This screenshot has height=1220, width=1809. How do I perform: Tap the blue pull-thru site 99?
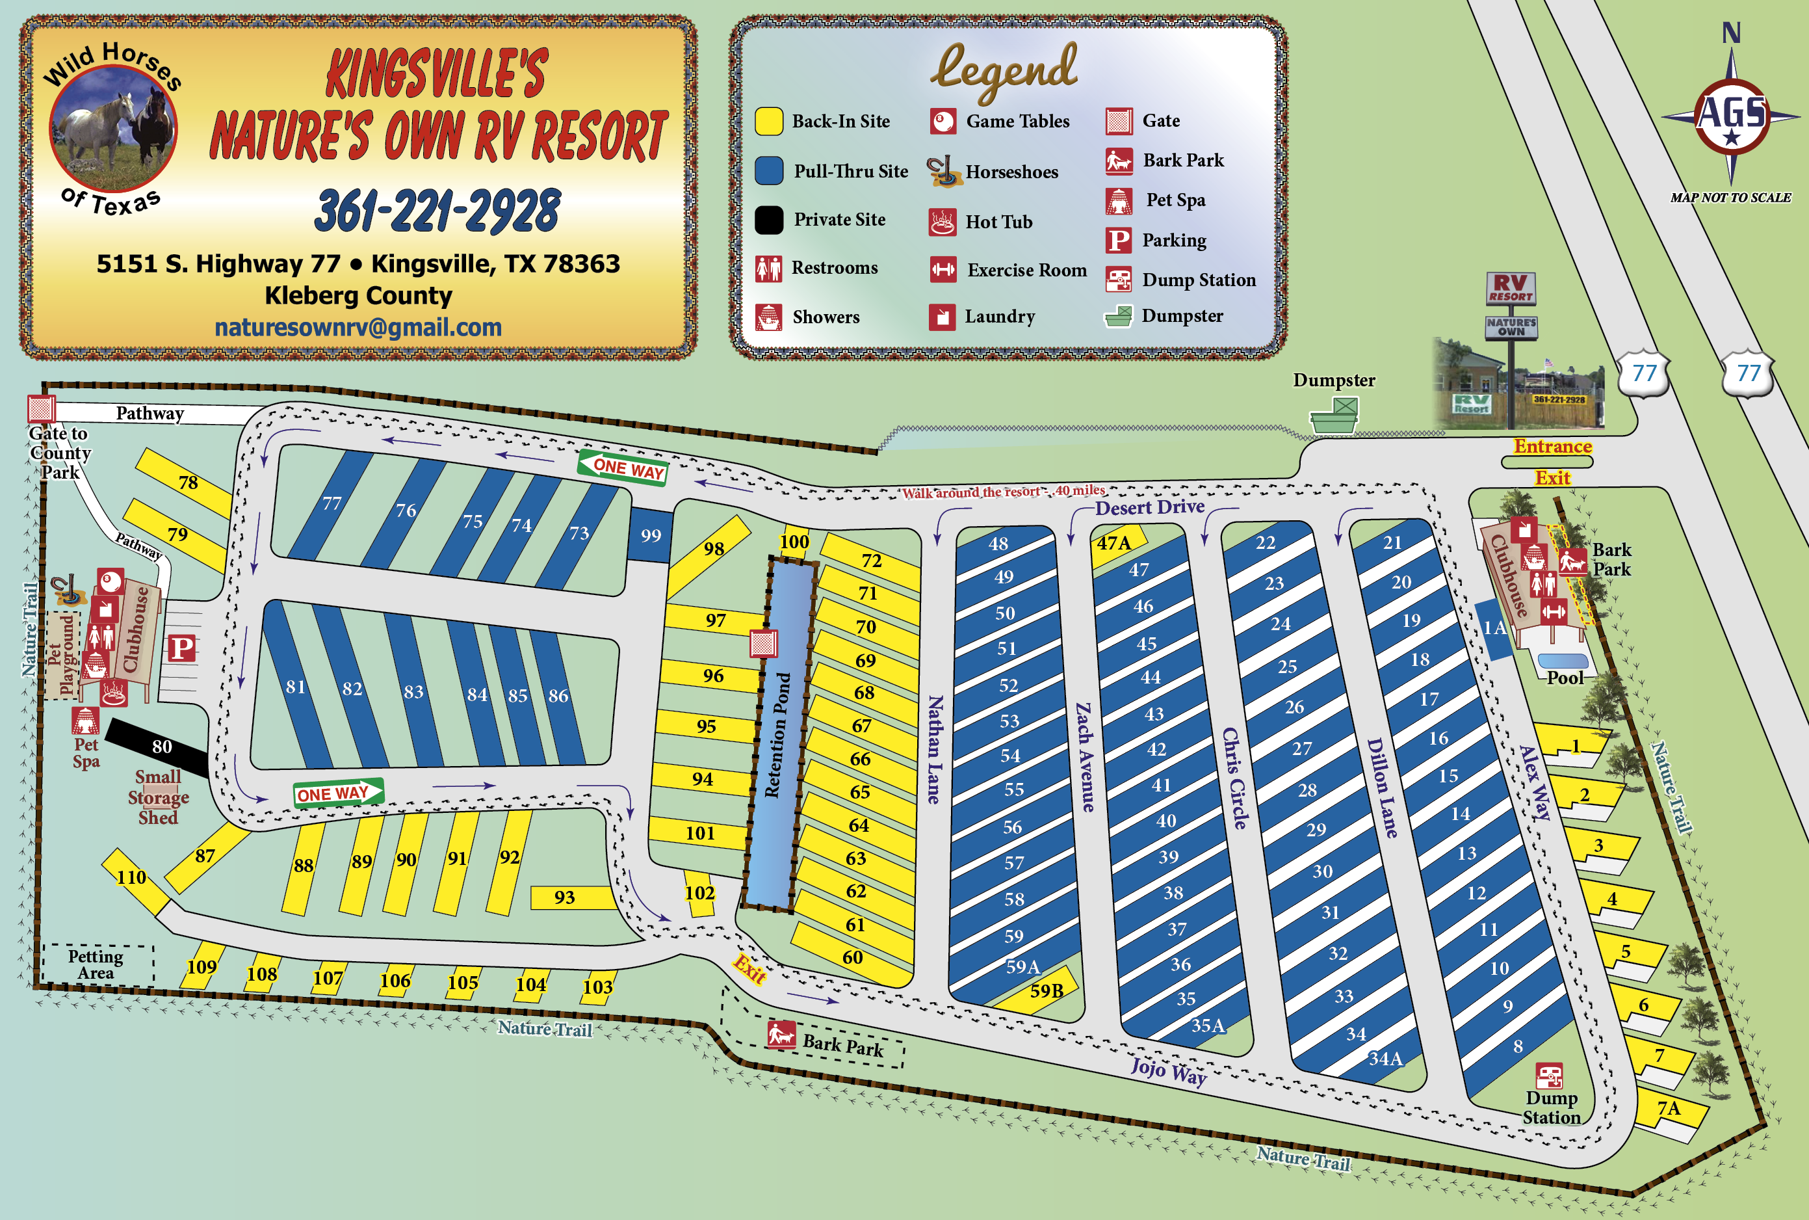pyautogui.click(x=650, y=535)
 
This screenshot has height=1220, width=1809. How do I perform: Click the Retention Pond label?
pyautogui.click(x=777, y=736)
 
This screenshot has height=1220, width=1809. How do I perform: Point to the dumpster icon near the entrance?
pyautogui.click(x=1334, y=416)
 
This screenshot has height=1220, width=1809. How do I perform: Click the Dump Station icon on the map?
pyautogui.click(x=1549, y=1077)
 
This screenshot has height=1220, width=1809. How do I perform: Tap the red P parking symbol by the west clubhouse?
pyautogui.click(x=181, y=647)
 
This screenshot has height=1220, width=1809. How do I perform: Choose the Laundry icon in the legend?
pyautogui.click(x=942, y=317)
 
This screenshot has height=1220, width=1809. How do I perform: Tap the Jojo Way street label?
pyautogui.click(x=1168, y=1071)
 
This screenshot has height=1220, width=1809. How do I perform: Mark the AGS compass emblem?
pyautogui.click(x=1731, y=116)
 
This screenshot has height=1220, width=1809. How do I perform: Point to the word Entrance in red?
pyautogui.click(x=1552, y=447)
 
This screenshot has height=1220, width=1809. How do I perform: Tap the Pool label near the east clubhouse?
pyautogui.click(x=1565, y=678)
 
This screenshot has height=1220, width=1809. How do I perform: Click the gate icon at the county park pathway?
pyautogui.click(x=41, y=408)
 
